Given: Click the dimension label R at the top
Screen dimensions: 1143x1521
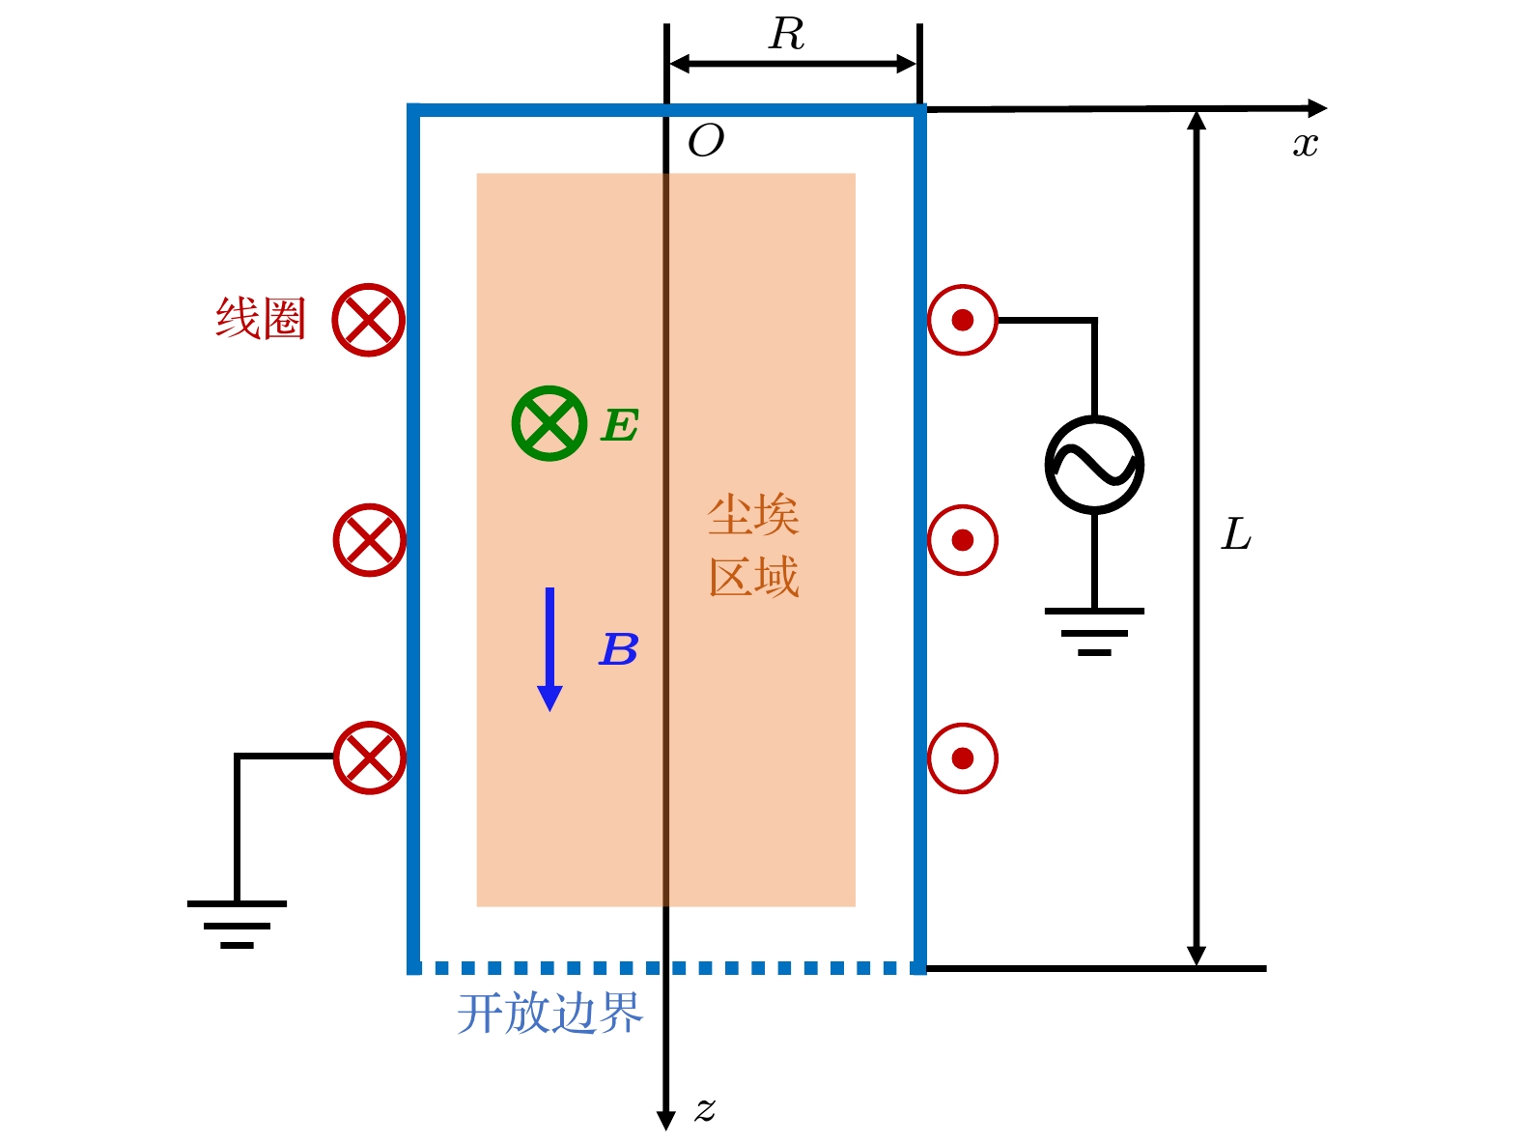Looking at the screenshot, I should [x=787, y=36].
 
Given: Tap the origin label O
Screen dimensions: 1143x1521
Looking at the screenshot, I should [x=706, y=142].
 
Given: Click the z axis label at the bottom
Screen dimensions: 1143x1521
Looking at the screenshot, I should [x=705, y=1109].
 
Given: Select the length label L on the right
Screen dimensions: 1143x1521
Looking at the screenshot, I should [x=1236, y=534].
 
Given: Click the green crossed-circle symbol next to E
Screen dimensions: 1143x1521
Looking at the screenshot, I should [x=549, y=423].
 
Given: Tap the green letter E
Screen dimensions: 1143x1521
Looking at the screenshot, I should [x=620, y=425].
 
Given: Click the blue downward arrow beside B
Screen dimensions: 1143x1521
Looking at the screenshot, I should [x=549, y=648].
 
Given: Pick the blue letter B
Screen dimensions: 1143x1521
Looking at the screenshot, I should [x=619, y=650].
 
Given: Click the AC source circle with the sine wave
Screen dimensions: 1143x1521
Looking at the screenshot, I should [x=1094, y=465].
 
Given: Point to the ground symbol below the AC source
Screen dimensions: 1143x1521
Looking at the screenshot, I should [x=1094, y=631].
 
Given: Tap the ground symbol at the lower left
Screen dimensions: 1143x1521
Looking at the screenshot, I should [x=237, y=924].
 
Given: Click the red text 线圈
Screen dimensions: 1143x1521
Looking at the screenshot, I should [x=261, y=319].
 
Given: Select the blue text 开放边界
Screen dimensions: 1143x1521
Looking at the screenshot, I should [x=549, y=1014].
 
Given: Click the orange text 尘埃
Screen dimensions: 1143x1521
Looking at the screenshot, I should [x=753, y=515].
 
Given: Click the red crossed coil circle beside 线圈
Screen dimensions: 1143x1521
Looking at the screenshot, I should [x=368, y=320].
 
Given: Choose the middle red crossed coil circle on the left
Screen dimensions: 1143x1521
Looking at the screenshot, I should [x=369, y=539].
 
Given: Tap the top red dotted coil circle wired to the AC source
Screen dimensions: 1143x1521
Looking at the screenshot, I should [x=963, y=320].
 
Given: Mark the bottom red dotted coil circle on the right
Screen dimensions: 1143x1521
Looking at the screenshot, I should [x=963, y=758].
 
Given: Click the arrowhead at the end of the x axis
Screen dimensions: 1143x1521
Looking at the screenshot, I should [x=1317, y=108].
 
